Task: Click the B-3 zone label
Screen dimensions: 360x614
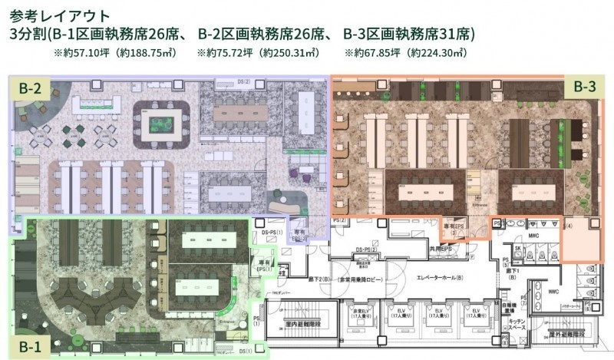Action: point(585,88)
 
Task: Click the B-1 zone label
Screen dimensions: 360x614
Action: point(30,345)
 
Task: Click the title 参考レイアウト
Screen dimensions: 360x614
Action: point(59,15)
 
